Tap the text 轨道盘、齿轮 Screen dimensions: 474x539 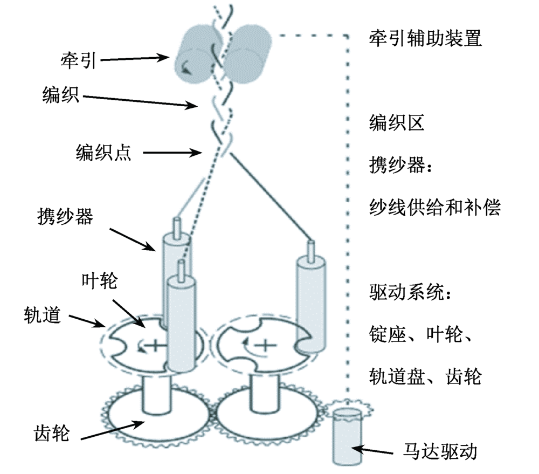425,376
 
